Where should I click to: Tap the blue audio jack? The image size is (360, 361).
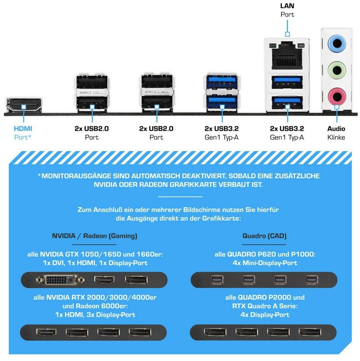[x=337, y=43]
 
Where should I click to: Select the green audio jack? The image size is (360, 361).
[x=337, y=69]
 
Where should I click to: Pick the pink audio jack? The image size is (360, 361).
[x=337, y=96]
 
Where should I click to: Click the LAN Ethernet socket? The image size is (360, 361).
[x=287, y=55]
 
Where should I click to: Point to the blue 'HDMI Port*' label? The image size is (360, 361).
[x=23, y=133]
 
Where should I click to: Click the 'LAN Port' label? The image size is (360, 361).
[x=287, y=10]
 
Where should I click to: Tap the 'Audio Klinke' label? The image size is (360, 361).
[x=336, y=133]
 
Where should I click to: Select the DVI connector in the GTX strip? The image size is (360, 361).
[x=60, y=280]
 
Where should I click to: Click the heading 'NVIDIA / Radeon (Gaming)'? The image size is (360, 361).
[x=95, y=236]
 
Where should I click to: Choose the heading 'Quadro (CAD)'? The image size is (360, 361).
[x=264, y=236]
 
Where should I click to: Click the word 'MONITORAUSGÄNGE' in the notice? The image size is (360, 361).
[x=76, y=176]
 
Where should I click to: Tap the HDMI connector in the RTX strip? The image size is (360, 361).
[x=46, y=332]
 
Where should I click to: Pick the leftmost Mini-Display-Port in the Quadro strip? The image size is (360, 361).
[x=217, y=280]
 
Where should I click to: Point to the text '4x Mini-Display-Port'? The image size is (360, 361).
[x=265, y=263]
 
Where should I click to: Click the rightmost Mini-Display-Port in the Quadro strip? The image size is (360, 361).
[x=312, y=280]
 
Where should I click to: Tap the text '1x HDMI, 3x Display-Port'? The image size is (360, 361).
[x=95, y=315]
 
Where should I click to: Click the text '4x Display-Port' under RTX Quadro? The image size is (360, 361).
[x=265, y=315]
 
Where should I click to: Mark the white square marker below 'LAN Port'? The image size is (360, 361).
[x=287, y=34]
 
